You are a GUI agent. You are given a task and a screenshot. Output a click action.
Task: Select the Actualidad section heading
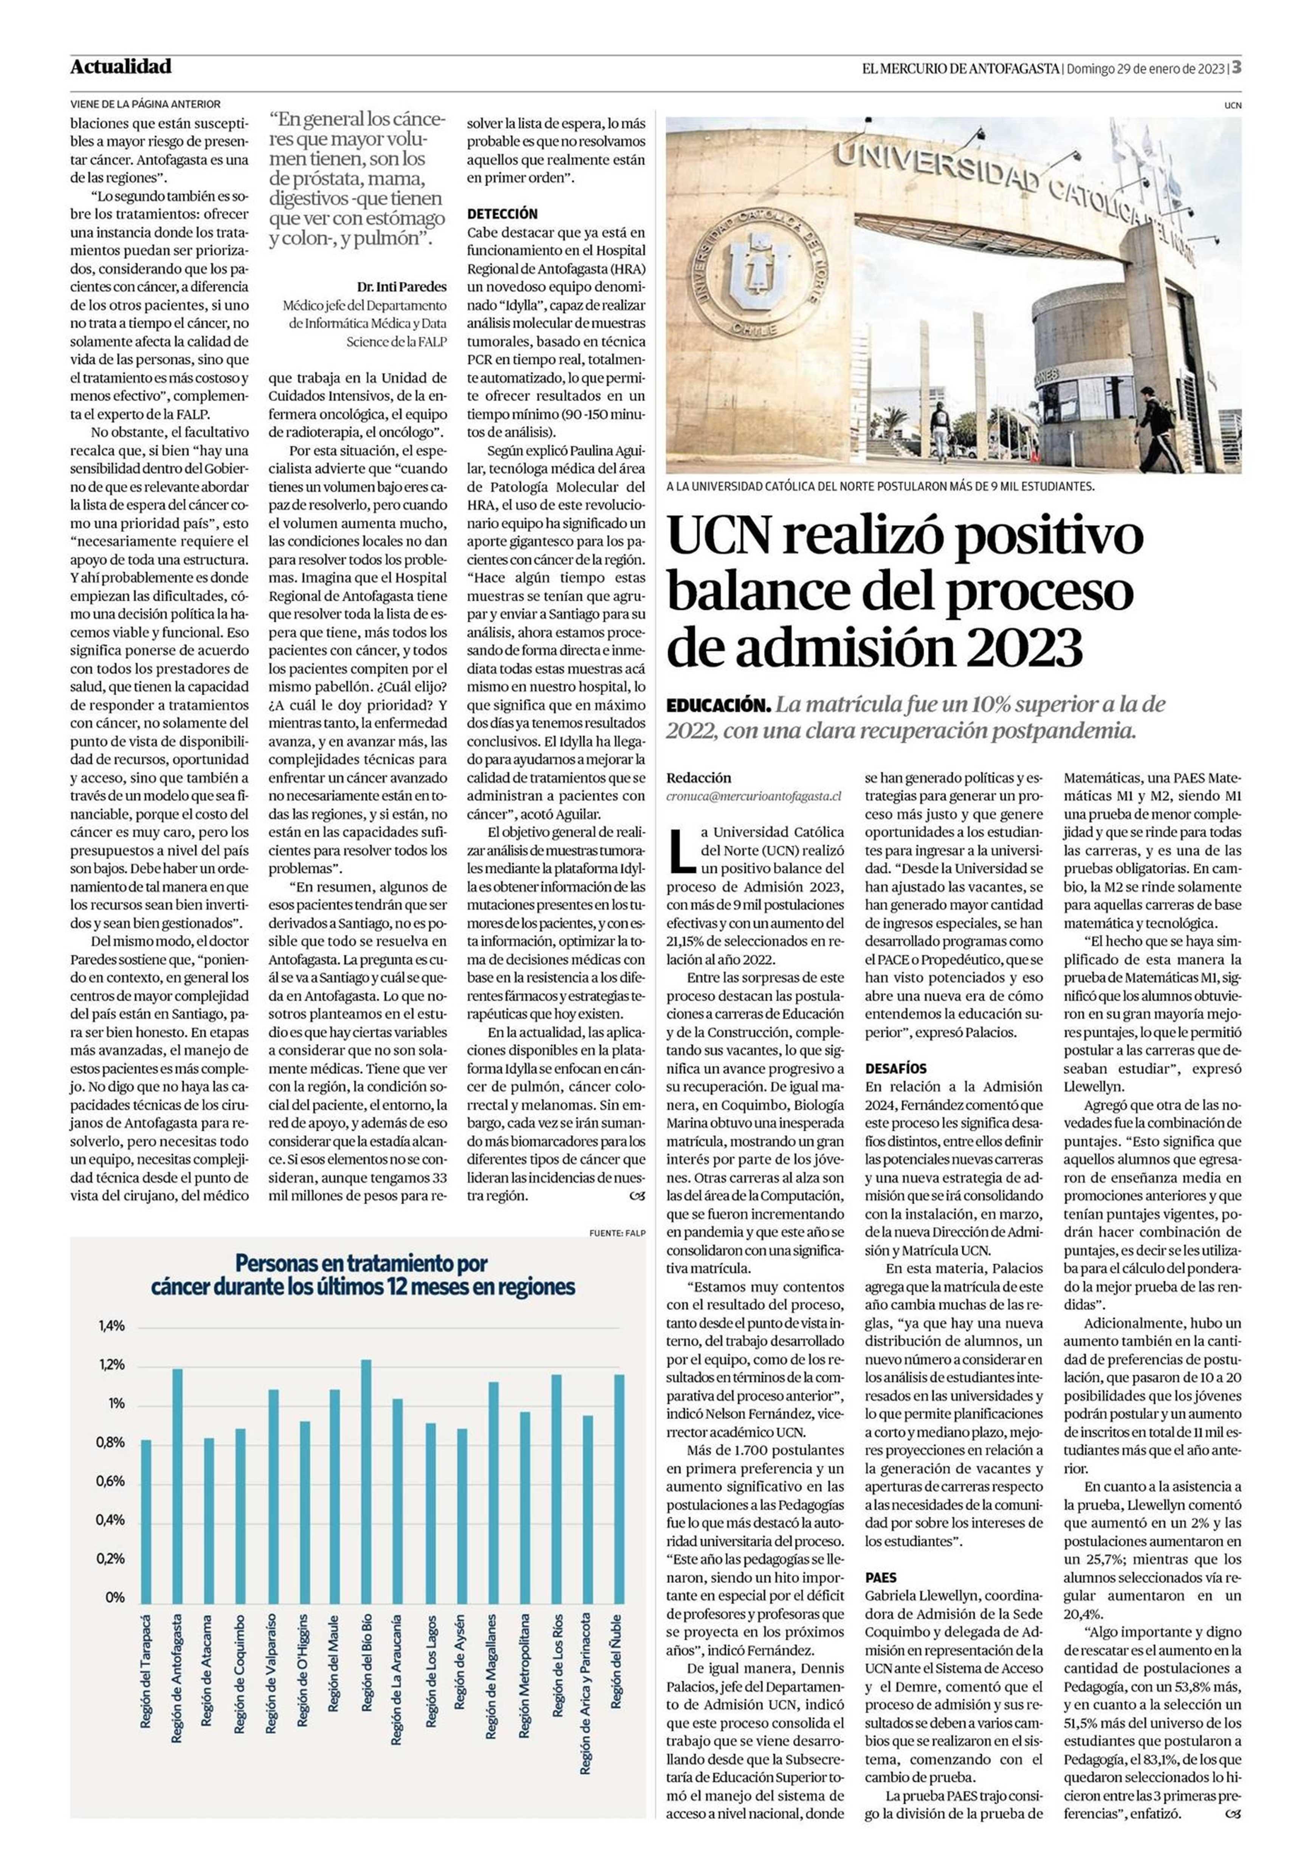click(x=121, y=67)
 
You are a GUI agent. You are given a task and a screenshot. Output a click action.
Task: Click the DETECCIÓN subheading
click(x=502, y=214)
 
